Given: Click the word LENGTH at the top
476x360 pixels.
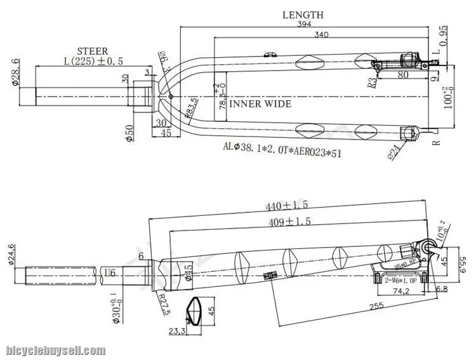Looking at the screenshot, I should pos(303,15).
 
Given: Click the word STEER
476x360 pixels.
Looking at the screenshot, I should pos(92,51).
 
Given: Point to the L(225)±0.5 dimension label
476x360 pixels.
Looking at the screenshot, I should pos(93,61).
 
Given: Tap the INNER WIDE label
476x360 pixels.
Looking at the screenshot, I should pos(260,103).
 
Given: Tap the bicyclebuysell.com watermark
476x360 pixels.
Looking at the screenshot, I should pos(55,350).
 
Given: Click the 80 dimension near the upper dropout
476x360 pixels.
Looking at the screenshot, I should pos(402,74).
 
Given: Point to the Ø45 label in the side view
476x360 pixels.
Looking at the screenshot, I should pos(188,272).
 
